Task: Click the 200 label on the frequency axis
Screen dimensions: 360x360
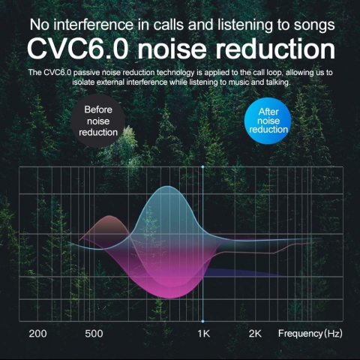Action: [x=37, y=334]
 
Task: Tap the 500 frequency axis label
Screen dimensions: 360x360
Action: [x=94, y=334]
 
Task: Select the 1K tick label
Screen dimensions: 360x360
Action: [x=203, y=334]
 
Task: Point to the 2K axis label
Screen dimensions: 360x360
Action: [x=255, y=334]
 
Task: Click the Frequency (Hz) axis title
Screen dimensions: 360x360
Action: [x=310, y=334]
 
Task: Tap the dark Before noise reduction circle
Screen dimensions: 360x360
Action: [x=97, y=121]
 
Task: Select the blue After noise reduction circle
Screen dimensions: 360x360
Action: [x=268, y=121]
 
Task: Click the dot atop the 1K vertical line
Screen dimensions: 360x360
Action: [x=202, y=166]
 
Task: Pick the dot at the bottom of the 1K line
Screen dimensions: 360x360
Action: [x=202, y=321]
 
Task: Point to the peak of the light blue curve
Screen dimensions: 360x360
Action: [x=169, y=186]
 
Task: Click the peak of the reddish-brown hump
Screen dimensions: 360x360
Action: [x=109, y=216]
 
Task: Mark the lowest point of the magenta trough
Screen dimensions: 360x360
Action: [x=170, y=298]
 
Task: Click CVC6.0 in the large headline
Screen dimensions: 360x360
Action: [x=78, y=49]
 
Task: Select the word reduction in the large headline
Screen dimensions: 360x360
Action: [x=275, y=49]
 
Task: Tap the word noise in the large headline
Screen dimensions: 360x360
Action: [x=172, y=49]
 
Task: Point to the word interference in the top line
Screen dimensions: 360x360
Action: [x=94, y=25]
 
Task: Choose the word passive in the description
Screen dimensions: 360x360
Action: [x=85, y=73]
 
